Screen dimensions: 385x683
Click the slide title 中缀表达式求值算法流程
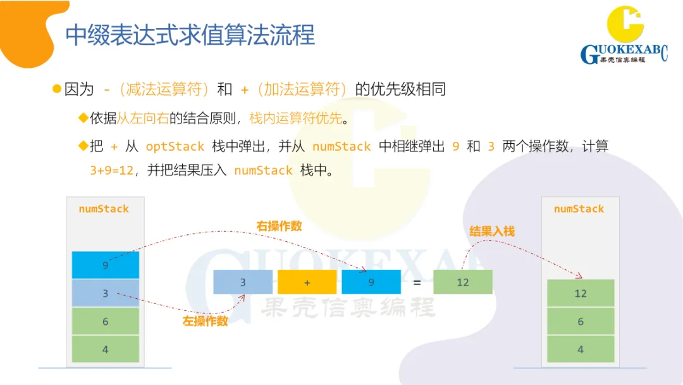190,35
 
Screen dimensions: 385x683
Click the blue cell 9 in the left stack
105,265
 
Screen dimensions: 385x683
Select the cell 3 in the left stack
105,293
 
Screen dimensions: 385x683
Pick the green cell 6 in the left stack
105,321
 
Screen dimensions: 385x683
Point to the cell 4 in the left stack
105,349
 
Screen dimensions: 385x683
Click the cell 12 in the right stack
580,293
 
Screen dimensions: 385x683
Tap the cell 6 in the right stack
580,321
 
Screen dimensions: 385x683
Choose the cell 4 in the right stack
580,349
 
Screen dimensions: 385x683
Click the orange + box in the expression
307,282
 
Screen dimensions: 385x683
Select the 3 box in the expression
243,282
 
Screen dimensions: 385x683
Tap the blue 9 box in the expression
371,282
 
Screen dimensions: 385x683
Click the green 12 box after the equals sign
462,282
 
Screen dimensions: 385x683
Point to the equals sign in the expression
417,282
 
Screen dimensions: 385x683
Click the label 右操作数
279,226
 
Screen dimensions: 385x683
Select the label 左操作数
205,321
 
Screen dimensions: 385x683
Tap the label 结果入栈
492,231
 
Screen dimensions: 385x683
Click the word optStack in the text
175,146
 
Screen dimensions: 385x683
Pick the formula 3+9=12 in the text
112,170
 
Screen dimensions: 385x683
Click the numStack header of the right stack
579,209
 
